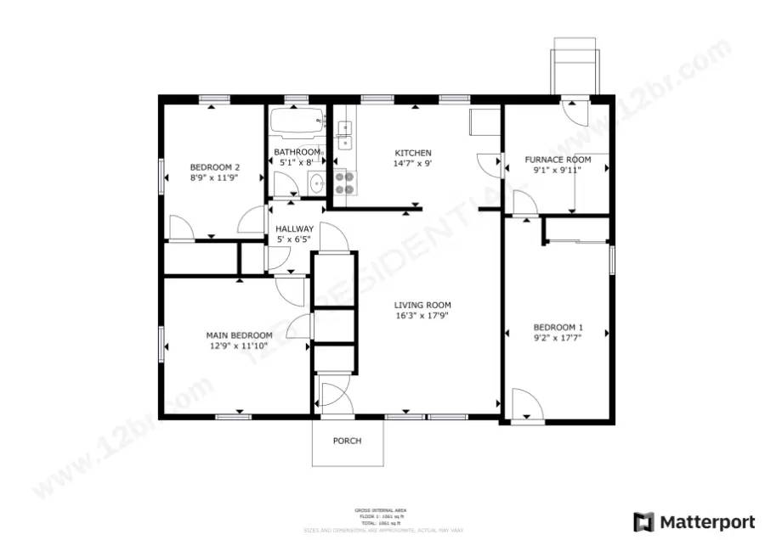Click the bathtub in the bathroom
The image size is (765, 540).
297,123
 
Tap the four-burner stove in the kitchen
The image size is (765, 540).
345,183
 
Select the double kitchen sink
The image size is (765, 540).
345,130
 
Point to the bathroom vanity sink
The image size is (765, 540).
316,183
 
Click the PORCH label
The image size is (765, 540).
347,441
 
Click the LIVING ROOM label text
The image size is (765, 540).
422,305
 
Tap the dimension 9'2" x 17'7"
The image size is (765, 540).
558,338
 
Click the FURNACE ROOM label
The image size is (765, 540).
557,160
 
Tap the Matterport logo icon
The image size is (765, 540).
643,520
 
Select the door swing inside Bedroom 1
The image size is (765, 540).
527,405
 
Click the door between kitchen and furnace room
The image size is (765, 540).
490,164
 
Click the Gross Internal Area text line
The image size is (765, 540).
379,509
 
